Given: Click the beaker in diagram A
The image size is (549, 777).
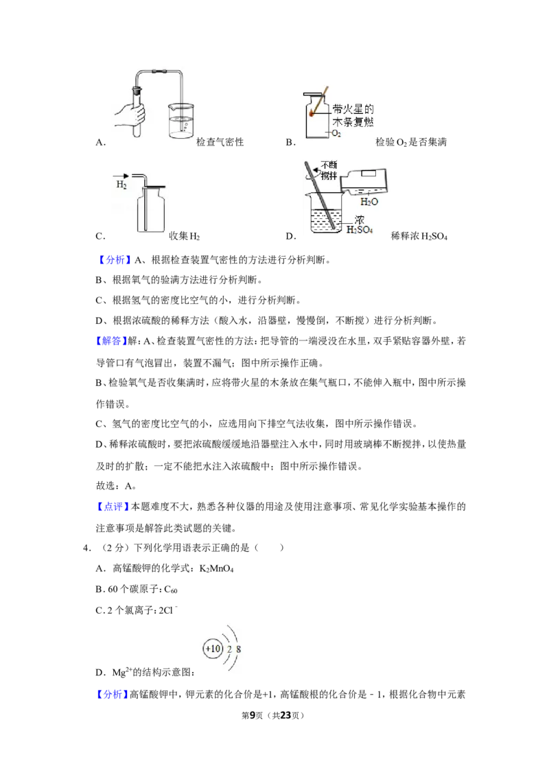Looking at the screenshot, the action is [x=181, y=120].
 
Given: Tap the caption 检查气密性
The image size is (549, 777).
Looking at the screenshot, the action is [x=220, y=142].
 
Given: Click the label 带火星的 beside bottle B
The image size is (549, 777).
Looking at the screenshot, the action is [x=353, y=110].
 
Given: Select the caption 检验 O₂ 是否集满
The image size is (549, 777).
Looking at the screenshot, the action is [x=411, y=142].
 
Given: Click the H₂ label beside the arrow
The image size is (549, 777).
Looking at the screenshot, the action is [x=121, y=185].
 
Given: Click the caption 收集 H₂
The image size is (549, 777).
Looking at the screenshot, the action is [x=185, y=236].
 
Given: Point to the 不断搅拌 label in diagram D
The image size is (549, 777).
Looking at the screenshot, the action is [x=329, y=170].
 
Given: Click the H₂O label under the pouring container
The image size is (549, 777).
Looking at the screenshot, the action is [x=369, y=202].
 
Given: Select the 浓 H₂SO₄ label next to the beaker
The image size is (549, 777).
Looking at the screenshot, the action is [x=359, y=224].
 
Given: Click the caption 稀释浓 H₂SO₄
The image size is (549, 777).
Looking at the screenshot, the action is [x=419, y=236].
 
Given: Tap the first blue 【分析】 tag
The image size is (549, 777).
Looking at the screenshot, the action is [x=113, y=259].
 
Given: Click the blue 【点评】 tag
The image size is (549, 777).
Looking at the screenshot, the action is [x=113, y=507].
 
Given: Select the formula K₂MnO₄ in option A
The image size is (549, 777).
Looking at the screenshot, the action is [x=217, y=569].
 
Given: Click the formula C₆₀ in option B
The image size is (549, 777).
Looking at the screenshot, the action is [x=170, y=590].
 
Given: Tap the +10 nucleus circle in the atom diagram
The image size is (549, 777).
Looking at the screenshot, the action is [x=213, y=649].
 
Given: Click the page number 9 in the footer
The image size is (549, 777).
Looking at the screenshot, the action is [x=253, y=715].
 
